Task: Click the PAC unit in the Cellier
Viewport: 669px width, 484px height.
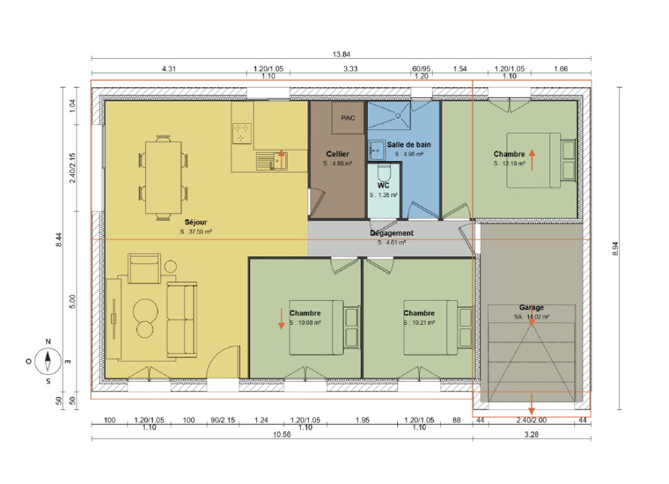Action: [x=348, y=118]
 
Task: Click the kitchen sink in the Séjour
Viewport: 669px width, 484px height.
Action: [x=272, y=161]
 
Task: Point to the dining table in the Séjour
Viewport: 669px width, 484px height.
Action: [x=163, y=177]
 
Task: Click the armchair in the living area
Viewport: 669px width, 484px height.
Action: [x=144, y=268]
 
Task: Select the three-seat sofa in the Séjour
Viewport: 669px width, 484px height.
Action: [x=182, y=319]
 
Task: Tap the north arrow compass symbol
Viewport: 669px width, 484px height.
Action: [x=48, y=361]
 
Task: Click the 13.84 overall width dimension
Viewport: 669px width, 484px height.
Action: [x=341, y=54]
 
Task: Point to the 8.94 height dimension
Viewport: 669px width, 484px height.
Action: [x=615, y=248]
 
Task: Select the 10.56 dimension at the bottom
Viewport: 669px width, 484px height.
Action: [x=281, y=434]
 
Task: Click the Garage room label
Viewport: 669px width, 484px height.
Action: [x=531, y=307]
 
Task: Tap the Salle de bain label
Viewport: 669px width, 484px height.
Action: [x=408, y=145]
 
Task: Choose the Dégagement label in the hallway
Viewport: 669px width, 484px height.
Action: [x=392, y=233]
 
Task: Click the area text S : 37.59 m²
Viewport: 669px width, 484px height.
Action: [x=196, y=232]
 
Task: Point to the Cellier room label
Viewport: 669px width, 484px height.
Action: [x=337, y=154]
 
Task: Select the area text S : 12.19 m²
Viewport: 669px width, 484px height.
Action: [x=509, y=163]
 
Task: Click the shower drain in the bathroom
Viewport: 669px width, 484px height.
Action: [x=398, y=115]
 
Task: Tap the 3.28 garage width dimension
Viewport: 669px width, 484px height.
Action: [x=531, y=434]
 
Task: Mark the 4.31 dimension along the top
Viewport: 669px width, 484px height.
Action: [x=169, y=68]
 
